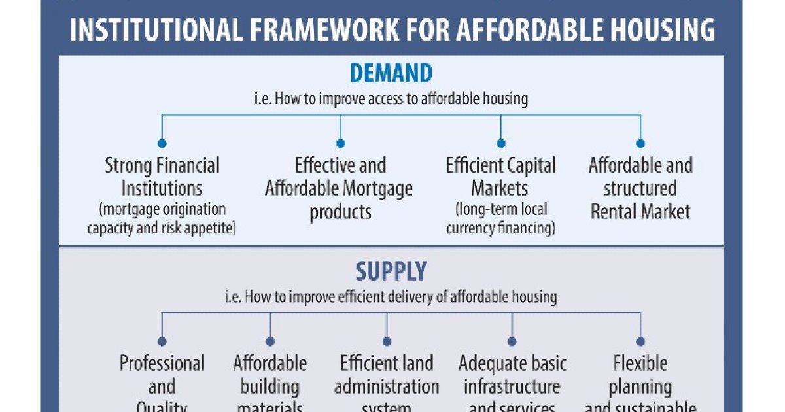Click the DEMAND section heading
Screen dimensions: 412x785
391,73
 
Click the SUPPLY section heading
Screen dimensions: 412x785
391,271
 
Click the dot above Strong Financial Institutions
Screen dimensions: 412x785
162,143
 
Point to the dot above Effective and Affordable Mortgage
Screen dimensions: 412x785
340,143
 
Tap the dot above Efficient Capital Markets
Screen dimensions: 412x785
501,143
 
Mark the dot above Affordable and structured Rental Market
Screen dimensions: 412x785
640,143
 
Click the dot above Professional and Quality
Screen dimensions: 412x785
162,341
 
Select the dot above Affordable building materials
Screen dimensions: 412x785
270,341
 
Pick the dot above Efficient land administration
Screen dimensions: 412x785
387,341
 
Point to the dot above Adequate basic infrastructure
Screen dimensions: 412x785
512,341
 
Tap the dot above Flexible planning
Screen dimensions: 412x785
640,341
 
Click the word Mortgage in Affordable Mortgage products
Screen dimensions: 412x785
378,189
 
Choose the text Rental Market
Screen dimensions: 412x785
640,212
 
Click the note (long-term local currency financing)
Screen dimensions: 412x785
501,219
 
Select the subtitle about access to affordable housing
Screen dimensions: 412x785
391,99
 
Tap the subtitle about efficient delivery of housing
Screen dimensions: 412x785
391,297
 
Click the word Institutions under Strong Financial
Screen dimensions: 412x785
162,189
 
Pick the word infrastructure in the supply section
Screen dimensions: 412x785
512,386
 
